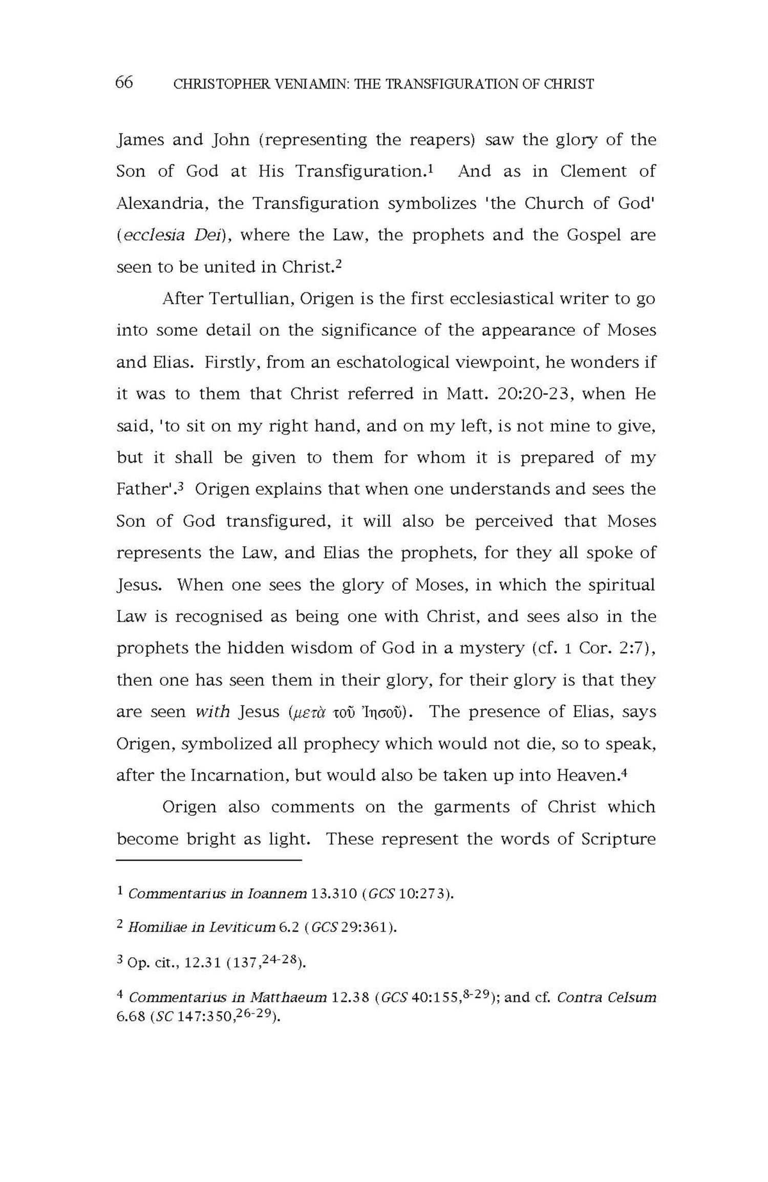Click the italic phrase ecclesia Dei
[173, 235]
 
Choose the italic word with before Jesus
[213, 712]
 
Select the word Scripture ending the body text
[618, 839]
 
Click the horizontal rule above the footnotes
[209, 861]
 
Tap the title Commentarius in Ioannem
[218, 894]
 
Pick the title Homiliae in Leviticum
[202, 928]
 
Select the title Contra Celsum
[606, 997]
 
